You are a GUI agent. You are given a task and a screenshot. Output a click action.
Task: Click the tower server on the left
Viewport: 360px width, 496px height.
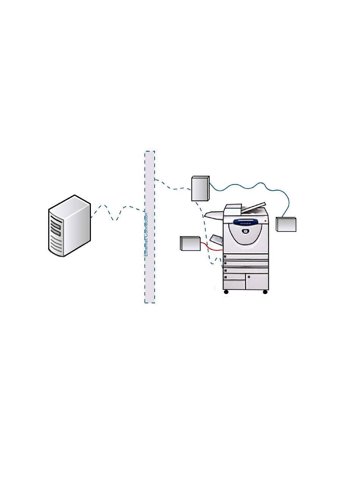point(69,227)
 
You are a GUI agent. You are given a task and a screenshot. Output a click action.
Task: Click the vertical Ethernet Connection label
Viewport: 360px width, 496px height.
point(146,235)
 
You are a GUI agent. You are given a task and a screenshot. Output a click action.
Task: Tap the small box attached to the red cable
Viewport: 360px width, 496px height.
point(190,243)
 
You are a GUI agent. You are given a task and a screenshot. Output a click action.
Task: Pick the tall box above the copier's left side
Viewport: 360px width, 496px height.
point(200,188)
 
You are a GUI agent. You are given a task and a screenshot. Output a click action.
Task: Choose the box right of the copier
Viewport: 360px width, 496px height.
point(286,224)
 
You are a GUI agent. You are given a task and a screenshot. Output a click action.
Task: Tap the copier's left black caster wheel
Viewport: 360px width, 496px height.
point(226,292)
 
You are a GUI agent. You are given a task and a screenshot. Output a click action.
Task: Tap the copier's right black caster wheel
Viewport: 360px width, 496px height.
point(265,292)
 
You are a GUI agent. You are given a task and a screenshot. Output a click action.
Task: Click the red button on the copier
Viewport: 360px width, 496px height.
point(265,221)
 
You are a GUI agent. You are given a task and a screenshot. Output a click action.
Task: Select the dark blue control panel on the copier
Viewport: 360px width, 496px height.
point(246,221)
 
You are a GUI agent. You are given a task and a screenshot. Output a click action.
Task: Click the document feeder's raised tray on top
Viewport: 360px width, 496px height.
point(253,207)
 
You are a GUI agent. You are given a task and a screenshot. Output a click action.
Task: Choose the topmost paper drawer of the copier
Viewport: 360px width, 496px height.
point(246,256)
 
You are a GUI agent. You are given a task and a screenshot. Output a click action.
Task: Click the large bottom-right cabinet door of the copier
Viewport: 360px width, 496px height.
point(257,282)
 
